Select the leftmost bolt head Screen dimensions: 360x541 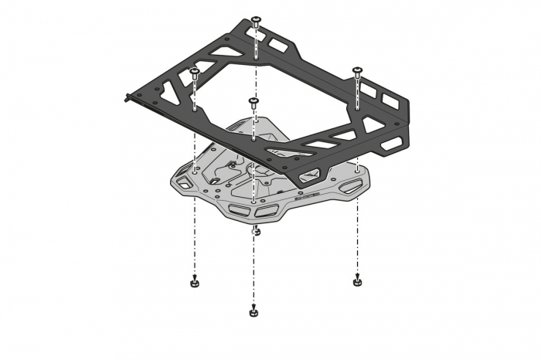196,71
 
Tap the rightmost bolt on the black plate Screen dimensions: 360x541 357,71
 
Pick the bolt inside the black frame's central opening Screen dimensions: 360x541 253,101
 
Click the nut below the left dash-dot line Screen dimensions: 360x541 196,284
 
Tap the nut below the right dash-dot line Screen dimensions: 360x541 357,281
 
